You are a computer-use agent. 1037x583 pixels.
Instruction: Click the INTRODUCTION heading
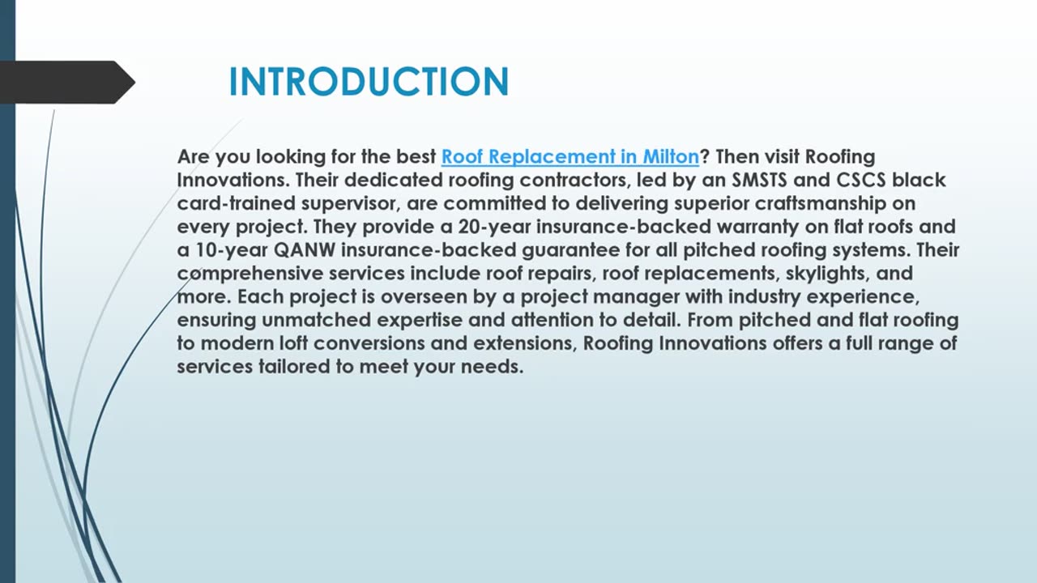click(369, 82)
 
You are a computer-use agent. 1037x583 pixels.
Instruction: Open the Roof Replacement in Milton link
click(570, 156)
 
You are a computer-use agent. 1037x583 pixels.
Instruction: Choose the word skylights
click(826, 274)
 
